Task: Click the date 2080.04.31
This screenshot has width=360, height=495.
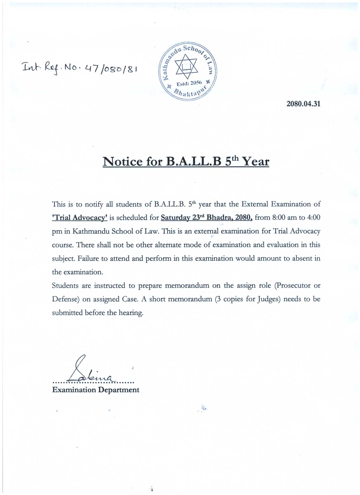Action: point(303,104)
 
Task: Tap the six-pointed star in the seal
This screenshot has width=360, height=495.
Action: point(187,67)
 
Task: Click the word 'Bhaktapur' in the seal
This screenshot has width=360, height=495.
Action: point(189,92)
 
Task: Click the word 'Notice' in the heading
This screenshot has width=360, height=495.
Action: point(123,162)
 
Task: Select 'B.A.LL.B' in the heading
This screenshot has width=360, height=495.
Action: point(194,162)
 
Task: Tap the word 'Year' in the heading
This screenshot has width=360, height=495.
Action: point(256,162)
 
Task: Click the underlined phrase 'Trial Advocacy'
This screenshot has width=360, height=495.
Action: point(80,218)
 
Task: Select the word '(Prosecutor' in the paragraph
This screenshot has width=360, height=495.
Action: point(293,286)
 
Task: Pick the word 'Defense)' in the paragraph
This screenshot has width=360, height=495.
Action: point(65,299)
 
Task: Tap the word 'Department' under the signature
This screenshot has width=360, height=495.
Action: point(119,390)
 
